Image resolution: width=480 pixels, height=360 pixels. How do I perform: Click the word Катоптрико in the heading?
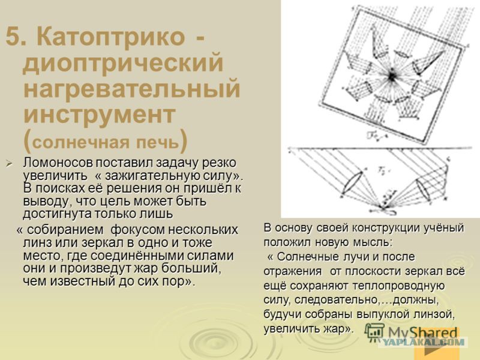[x=111, y=37]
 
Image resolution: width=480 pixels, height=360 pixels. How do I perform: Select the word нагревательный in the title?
[x=131, y=88]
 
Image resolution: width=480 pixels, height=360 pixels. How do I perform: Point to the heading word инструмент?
[x=100, y=115]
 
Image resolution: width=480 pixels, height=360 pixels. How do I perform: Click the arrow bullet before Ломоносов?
[x=10, y=164]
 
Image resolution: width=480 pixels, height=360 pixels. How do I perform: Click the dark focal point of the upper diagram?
[x=391, y=76]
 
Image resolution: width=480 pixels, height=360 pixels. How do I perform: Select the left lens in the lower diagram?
[x=352, y=183]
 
